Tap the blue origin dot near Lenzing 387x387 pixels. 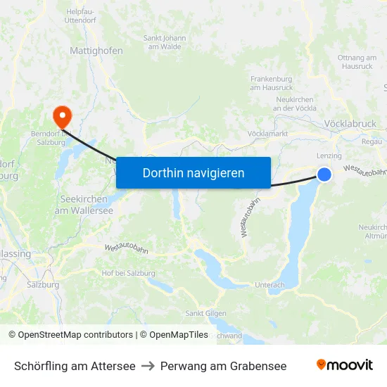[324, 174]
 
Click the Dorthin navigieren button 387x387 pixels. [193, 172]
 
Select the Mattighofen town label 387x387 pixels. [96, 51]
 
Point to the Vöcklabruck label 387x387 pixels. [350, 124]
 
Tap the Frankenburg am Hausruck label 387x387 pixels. [272, 83]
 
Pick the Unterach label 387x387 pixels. [270, 285]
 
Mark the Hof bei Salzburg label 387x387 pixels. [128, 272]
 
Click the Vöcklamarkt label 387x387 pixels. [268, 133]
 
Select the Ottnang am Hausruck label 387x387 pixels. [357, 61]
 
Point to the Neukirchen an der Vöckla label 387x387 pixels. [295, 104]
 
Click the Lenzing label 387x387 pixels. [329, 156]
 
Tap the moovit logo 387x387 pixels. [344, 365]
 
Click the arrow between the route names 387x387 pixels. [148, 366]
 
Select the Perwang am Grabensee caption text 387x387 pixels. [223, 366]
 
